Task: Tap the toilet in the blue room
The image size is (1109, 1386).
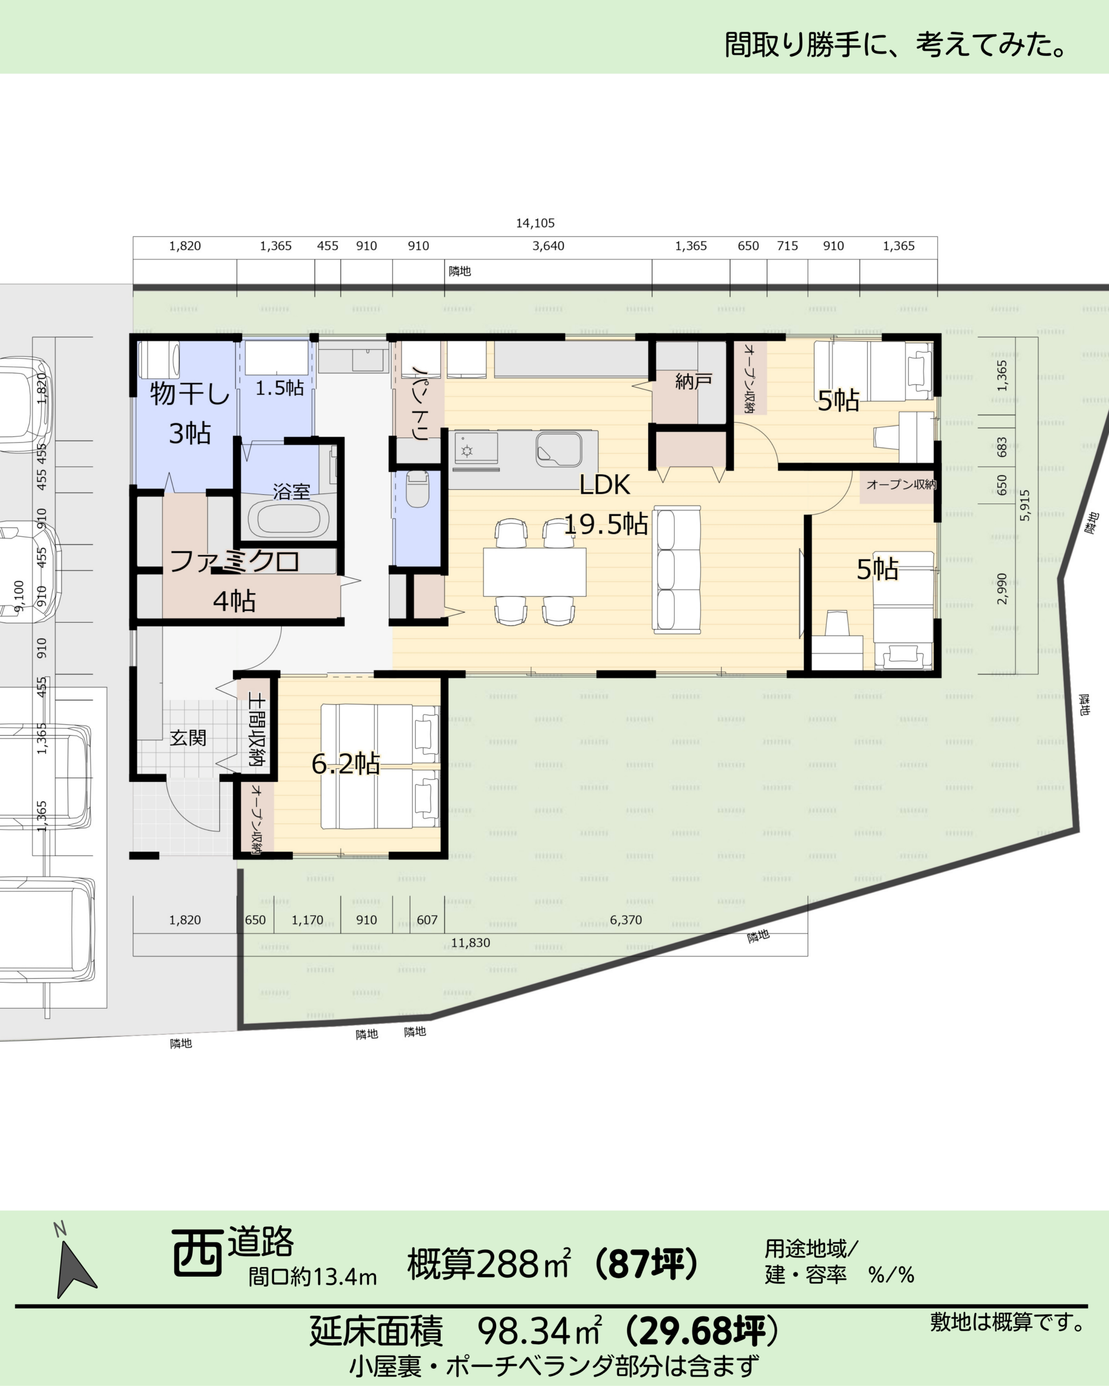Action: pos(419,488)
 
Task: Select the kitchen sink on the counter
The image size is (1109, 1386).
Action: pos(559,448)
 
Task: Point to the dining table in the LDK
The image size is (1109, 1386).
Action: pos(534,572)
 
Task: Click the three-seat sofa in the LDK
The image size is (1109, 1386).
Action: pos(676,569)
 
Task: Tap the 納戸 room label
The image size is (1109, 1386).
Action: pos(693,382)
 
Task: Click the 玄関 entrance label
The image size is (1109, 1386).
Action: pos(188,737)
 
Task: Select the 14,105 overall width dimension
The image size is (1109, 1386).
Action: pos(535,223)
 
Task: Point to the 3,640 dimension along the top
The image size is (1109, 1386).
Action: pos(549,246)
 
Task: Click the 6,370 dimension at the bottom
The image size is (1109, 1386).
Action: pos(626,920)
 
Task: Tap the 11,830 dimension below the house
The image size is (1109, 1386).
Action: pos(471,943)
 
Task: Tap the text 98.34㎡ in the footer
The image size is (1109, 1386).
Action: pos(539,1330)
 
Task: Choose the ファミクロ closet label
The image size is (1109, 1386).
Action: pos(234,561)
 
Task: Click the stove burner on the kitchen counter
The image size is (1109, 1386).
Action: pos(467,450)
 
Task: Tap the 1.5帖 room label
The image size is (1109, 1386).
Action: pos(279,388)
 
